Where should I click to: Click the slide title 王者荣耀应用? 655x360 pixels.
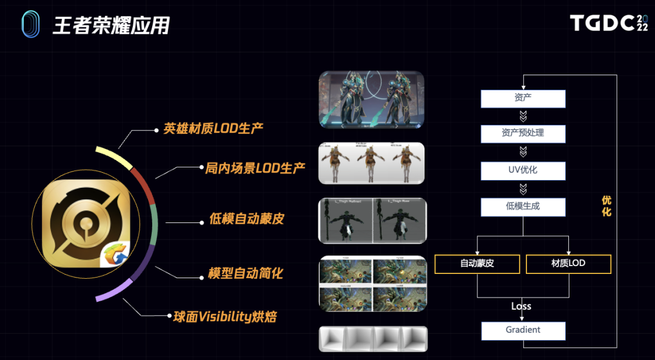(111, 25)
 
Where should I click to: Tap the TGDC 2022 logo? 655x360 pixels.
(608, 24)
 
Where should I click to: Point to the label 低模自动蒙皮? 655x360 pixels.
(246, 218)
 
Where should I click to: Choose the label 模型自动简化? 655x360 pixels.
(245, 273)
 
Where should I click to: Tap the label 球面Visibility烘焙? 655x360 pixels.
(224, 316)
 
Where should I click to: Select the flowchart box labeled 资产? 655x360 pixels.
(523, 98)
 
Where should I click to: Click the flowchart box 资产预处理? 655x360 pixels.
(523, 134)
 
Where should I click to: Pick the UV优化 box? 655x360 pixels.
(523, 170)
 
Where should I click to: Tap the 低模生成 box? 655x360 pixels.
(523, 207)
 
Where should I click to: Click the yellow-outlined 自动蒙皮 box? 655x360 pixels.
(477, 264)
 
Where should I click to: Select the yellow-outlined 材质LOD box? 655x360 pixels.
(568, 264)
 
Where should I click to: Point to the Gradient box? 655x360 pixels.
(523, 330)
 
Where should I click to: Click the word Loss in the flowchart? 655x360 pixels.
(521, 306)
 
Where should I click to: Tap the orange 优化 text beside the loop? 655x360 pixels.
(606, 206)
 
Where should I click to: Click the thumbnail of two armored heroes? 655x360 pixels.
(371, 99)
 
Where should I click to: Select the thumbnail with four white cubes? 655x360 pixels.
(373, 339)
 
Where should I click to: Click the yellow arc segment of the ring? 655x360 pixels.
(115, 157)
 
